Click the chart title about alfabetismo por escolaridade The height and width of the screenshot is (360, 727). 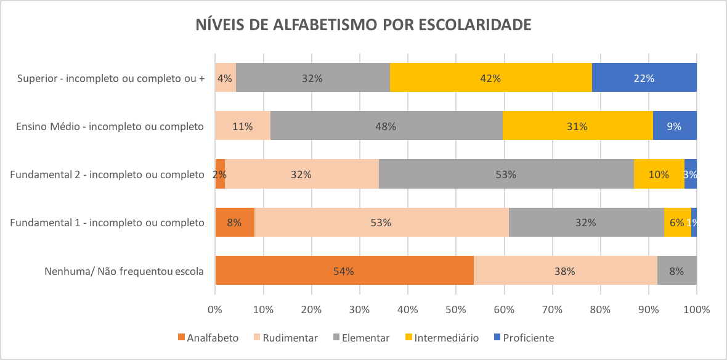pyautogui.click(x=363, y=25)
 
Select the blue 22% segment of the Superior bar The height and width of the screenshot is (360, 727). pyautogui.click(x=644, y=78)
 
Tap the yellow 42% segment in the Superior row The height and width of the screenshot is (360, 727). pyautogui.click(x=490, y=78)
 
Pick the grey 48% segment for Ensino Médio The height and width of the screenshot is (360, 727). pyautogui.click(x=386, y=126)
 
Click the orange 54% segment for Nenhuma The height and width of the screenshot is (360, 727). pyautogui.click(x=344, y=271)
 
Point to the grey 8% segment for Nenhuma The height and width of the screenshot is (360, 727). pyautogui.click(x=676, y=271)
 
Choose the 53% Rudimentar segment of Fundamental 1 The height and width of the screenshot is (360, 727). pyautogui.click(x=381, y=223)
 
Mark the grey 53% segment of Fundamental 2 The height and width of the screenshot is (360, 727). pyautogui.click(x=506, y=174)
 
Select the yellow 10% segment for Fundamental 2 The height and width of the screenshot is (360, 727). pyautogui.click(x=659, y=174)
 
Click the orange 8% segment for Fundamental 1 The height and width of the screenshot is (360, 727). pyautogui.click(x=234, y=223)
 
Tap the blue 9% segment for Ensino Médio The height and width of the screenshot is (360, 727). pyautogui.click(x=674, y=126)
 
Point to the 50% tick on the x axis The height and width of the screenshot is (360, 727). pyautogui.click(x=456, y=308)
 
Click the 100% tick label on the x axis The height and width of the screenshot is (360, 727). pyautogui.click(x=696, y=308)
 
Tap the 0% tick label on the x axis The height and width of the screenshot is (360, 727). pyautogui.click(x=215, y=308)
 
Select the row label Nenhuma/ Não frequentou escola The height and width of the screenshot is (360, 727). pyautogui.click(x=124, y=271)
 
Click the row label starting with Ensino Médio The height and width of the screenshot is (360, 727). pyautogui.click(x=110, y=126)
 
